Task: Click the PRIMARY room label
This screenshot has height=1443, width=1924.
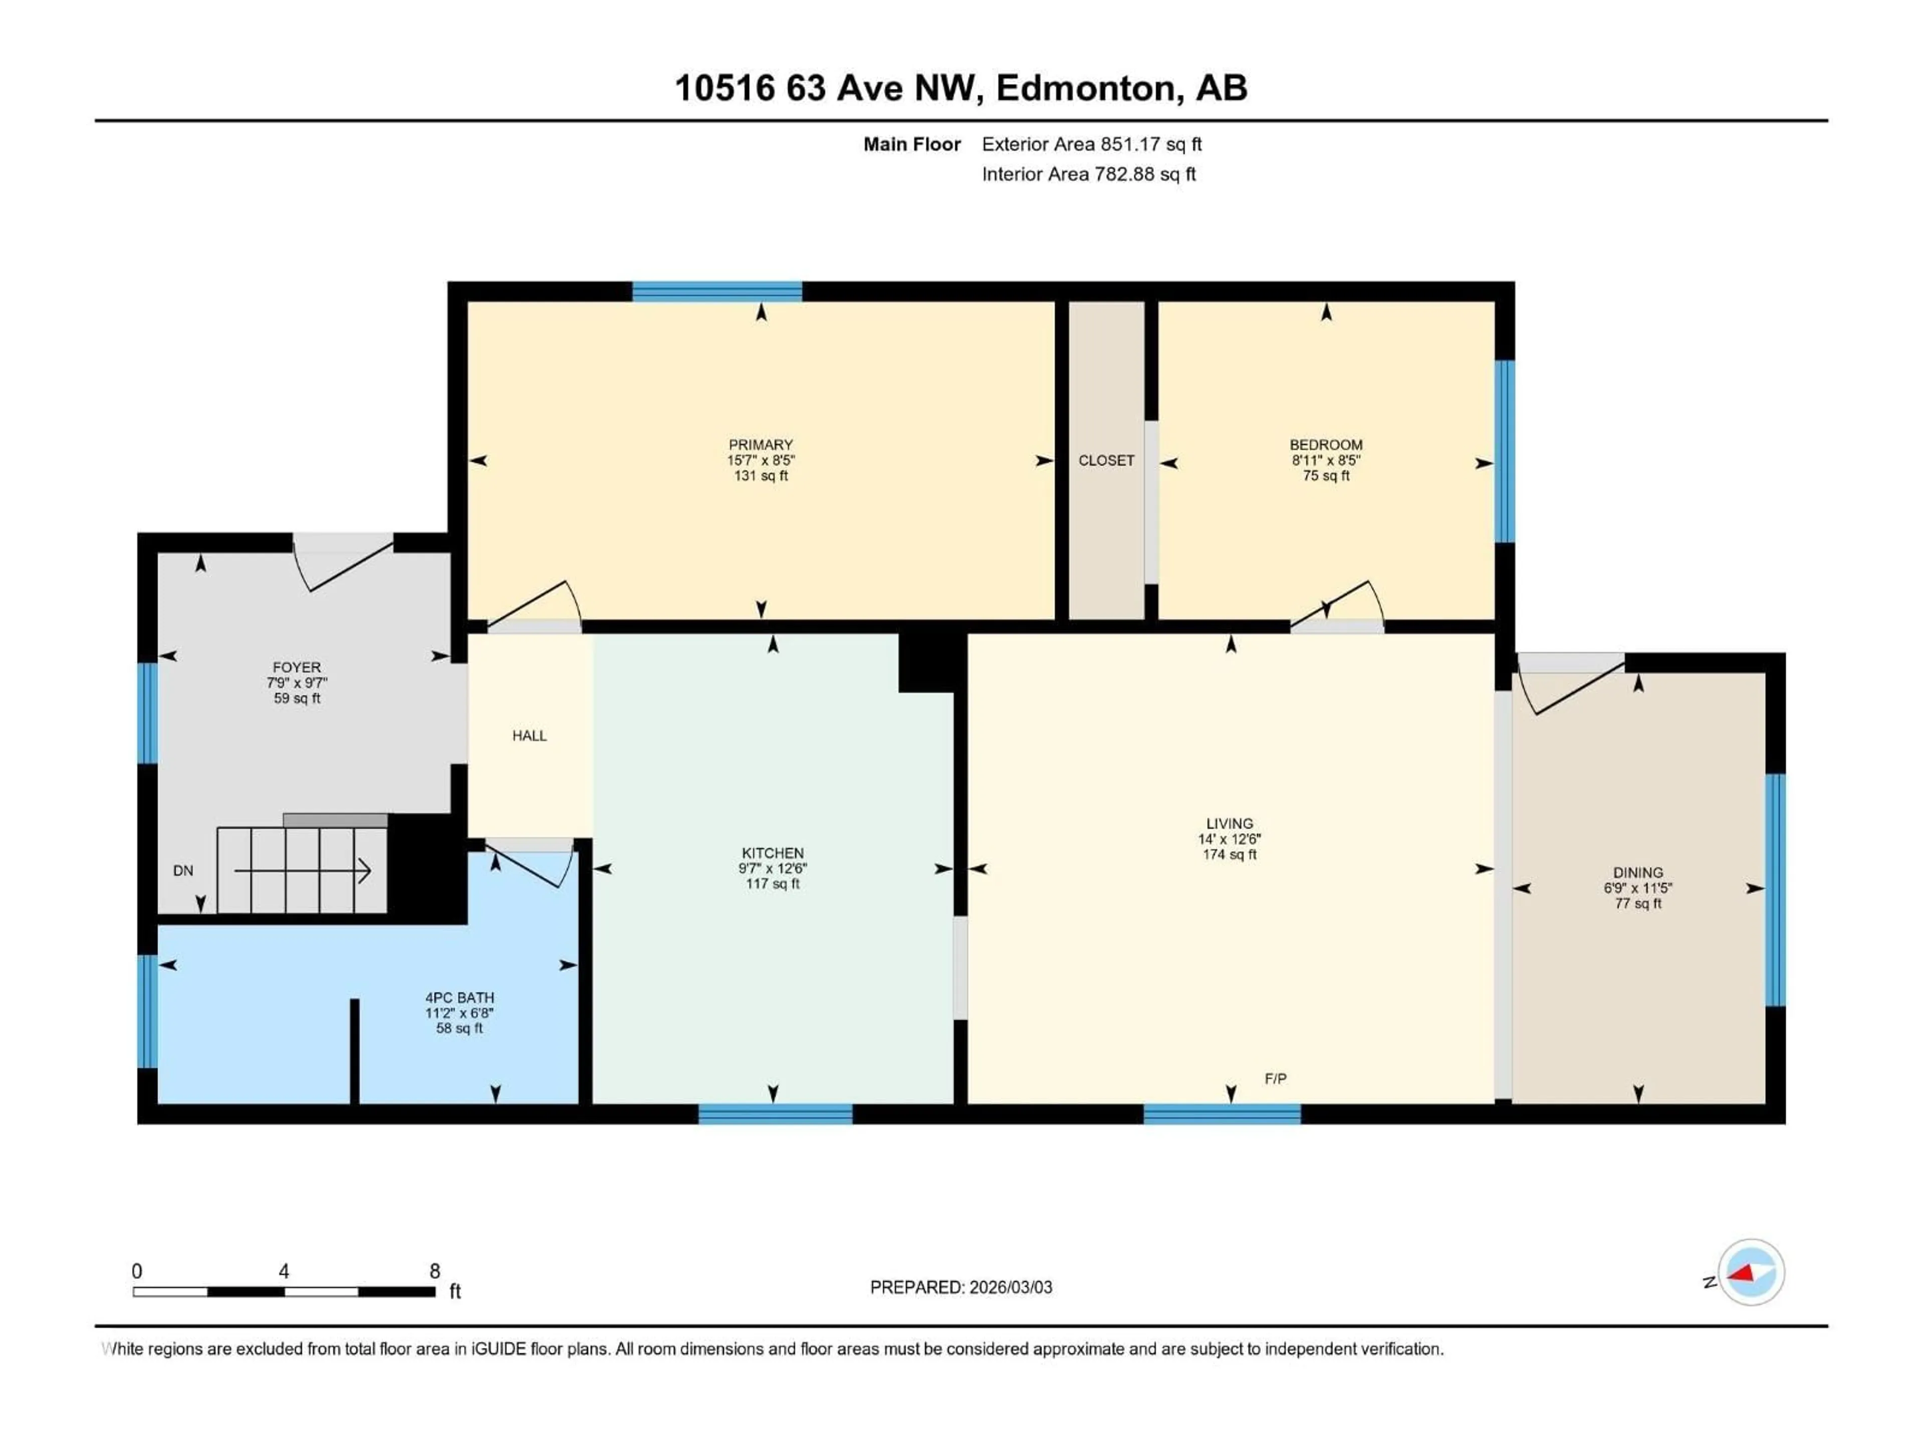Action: tap(760, 444)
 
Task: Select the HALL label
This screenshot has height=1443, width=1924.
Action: tap(529, 736)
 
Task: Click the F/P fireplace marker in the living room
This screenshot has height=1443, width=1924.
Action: tap(1275, 1079)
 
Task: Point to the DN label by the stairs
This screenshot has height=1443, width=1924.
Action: tap(183, 871)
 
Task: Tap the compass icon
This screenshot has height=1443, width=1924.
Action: tap(1751, 1273)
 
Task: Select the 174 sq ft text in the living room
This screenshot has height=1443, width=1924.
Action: tap(1229, 854)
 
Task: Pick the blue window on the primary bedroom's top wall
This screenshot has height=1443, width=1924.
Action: tap(716, 292)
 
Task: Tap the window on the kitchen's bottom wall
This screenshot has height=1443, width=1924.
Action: tap(775, 1114)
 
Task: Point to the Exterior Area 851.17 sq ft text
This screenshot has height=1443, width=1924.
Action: tap(1092, 144)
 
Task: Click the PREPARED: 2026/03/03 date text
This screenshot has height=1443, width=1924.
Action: tap(960, 1287)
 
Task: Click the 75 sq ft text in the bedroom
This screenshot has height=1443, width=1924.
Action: tap(1326, 476)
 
